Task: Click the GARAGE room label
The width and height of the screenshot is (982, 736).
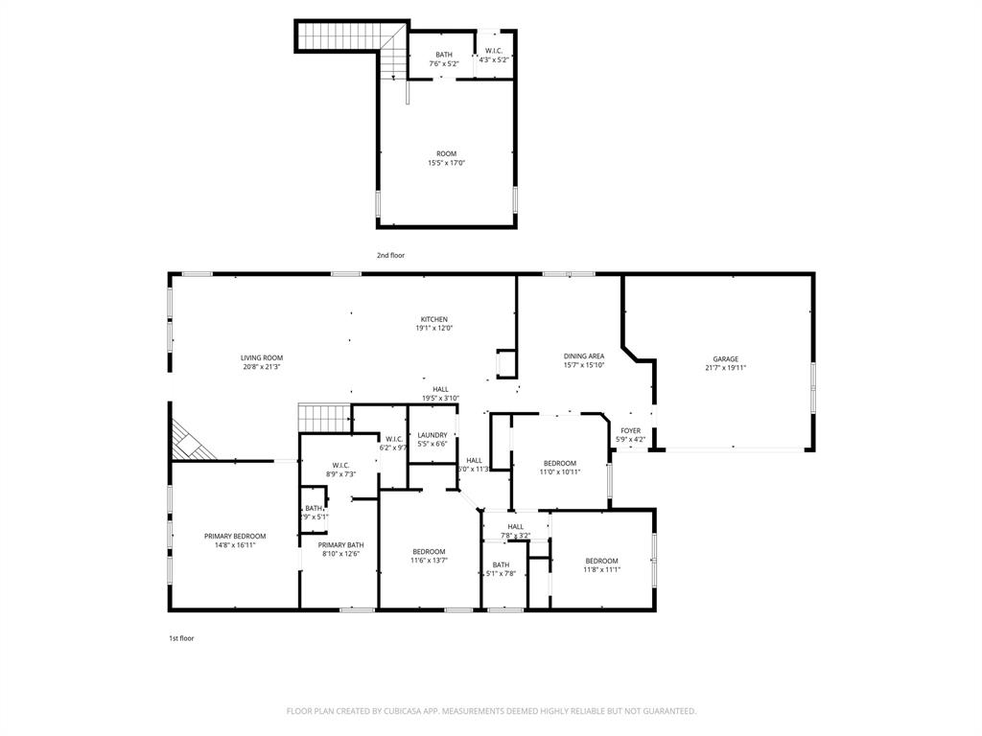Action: coord(725,359)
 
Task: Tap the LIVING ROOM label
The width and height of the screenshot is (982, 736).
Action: coord(261,358)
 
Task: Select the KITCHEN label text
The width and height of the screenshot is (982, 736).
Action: coord(433,320)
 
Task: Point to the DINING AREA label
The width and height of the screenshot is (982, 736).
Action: coord(583,356)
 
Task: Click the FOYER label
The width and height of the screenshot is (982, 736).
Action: coord(630,431)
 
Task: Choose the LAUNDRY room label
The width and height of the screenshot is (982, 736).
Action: coord(432,436)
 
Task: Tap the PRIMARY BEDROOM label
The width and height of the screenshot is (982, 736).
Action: coord(235,537)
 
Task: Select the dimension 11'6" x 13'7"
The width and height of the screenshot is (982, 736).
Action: coord(429,561)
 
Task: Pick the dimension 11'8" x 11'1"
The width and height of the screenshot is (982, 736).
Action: coord(602,569)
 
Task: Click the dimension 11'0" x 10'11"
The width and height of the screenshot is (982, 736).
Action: coord(559,471)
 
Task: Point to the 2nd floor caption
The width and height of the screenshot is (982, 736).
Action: coord(390,256)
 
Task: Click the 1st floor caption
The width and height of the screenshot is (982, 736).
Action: coord(181,638)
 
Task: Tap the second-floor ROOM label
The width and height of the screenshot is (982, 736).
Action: coord(446,153)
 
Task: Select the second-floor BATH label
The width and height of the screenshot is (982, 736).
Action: coord(444,55)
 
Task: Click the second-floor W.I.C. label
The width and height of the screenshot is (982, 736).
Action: coord(494,51)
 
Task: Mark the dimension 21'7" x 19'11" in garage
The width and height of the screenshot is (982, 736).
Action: coord(725,368)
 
